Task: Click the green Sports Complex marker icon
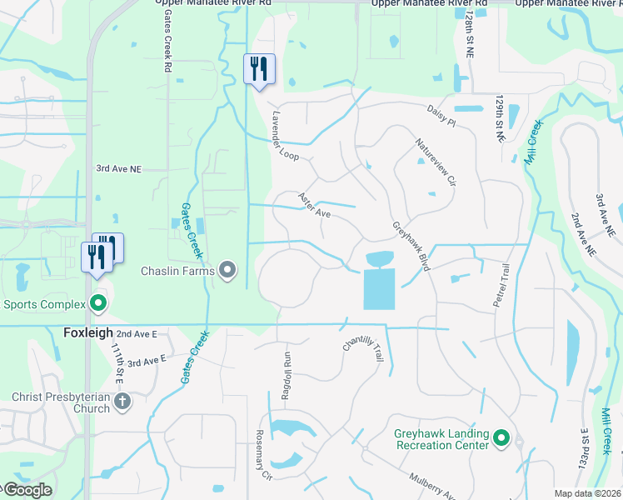[99, 303]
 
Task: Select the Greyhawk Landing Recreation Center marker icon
[501, 437]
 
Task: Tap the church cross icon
[122, 402]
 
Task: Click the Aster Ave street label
[316, 207]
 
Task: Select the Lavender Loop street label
[283, 137]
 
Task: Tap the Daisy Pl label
[441, 116]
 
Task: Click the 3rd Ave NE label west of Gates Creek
[120, 168]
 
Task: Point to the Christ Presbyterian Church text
[61, 402]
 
